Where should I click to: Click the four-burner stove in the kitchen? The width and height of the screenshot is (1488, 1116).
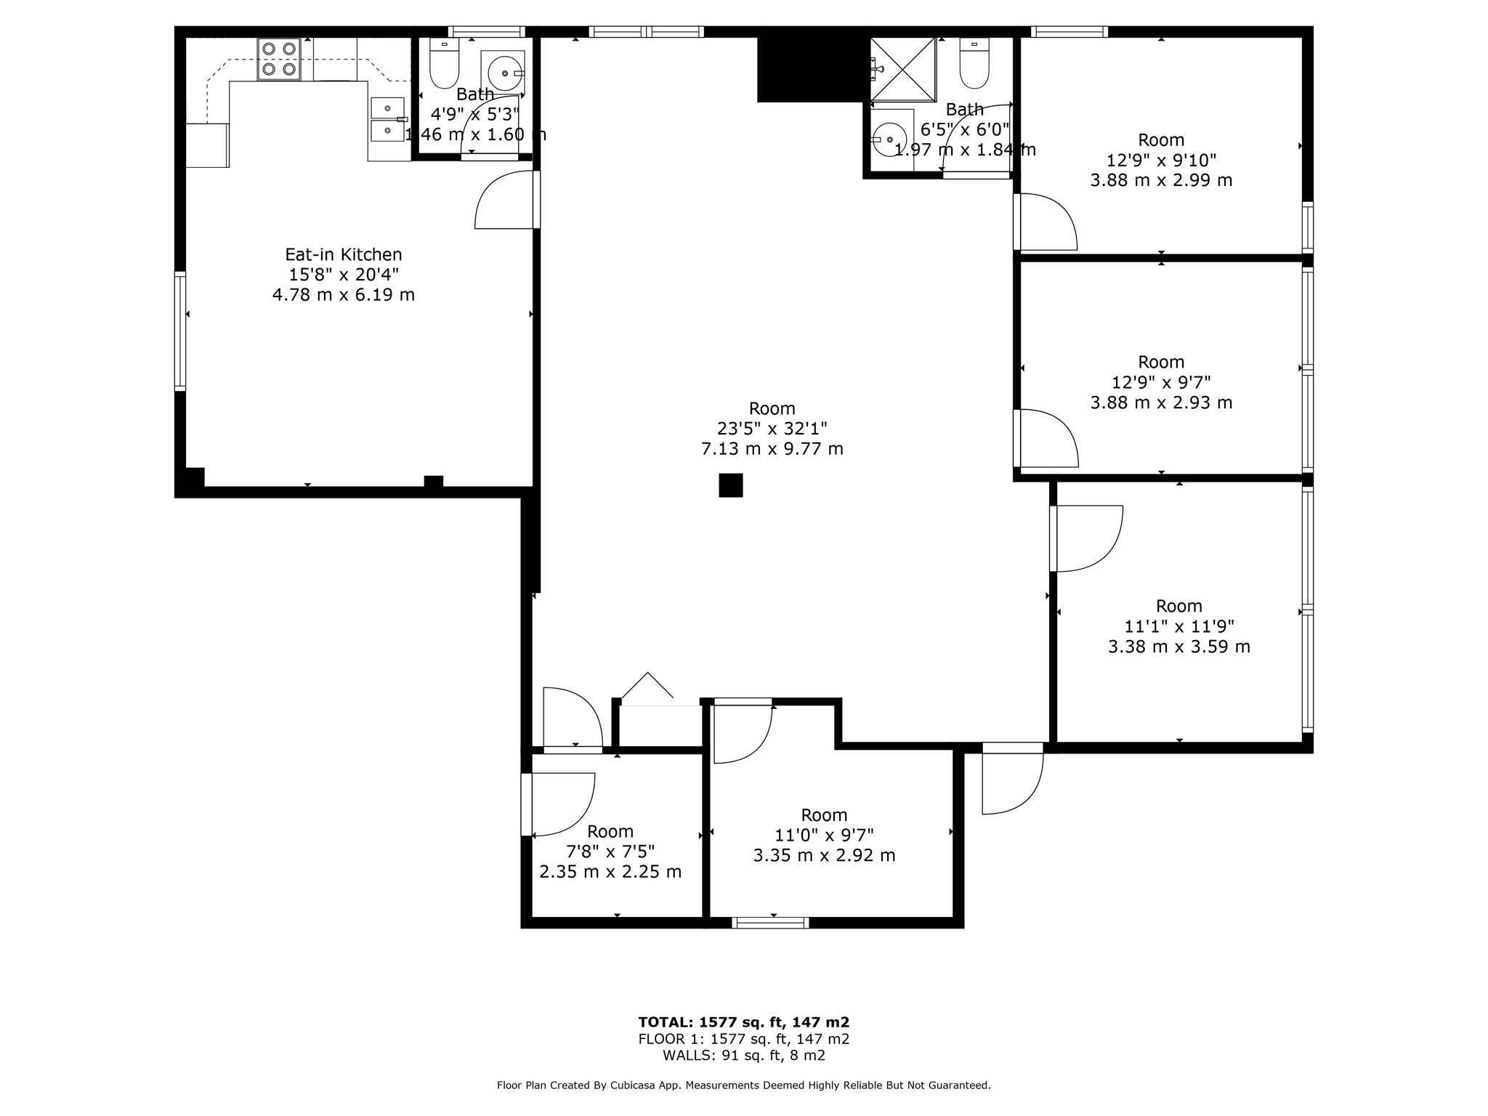click(x=279, y=59)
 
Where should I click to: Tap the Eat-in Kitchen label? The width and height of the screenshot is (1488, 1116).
click(x=343, y=255)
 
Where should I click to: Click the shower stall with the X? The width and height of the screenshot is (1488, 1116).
click(x=902, y=70)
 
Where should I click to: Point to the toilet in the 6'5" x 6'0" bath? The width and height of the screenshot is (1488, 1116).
click(x=974, y=64)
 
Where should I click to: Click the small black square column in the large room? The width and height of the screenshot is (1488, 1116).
click(x=730, y=485)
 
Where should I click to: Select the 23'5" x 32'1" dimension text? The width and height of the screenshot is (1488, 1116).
click(x=772, y=429)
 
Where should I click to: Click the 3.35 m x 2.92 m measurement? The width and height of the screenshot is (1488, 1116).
click(x=824, y=856)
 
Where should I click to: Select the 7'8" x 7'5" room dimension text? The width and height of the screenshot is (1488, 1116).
click(x=610, y=851)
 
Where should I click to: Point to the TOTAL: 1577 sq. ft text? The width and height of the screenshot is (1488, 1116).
click(x=743, y=1022)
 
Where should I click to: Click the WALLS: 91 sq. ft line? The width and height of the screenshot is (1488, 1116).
click(x=743, y=1056)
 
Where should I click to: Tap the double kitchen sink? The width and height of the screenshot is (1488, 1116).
click(x=387, y=119)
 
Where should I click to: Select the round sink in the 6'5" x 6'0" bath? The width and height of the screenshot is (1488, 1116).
click(x=889, y=139)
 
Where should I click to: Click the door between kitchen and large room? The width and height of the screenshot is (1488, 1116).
click(x=506, y=201)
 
